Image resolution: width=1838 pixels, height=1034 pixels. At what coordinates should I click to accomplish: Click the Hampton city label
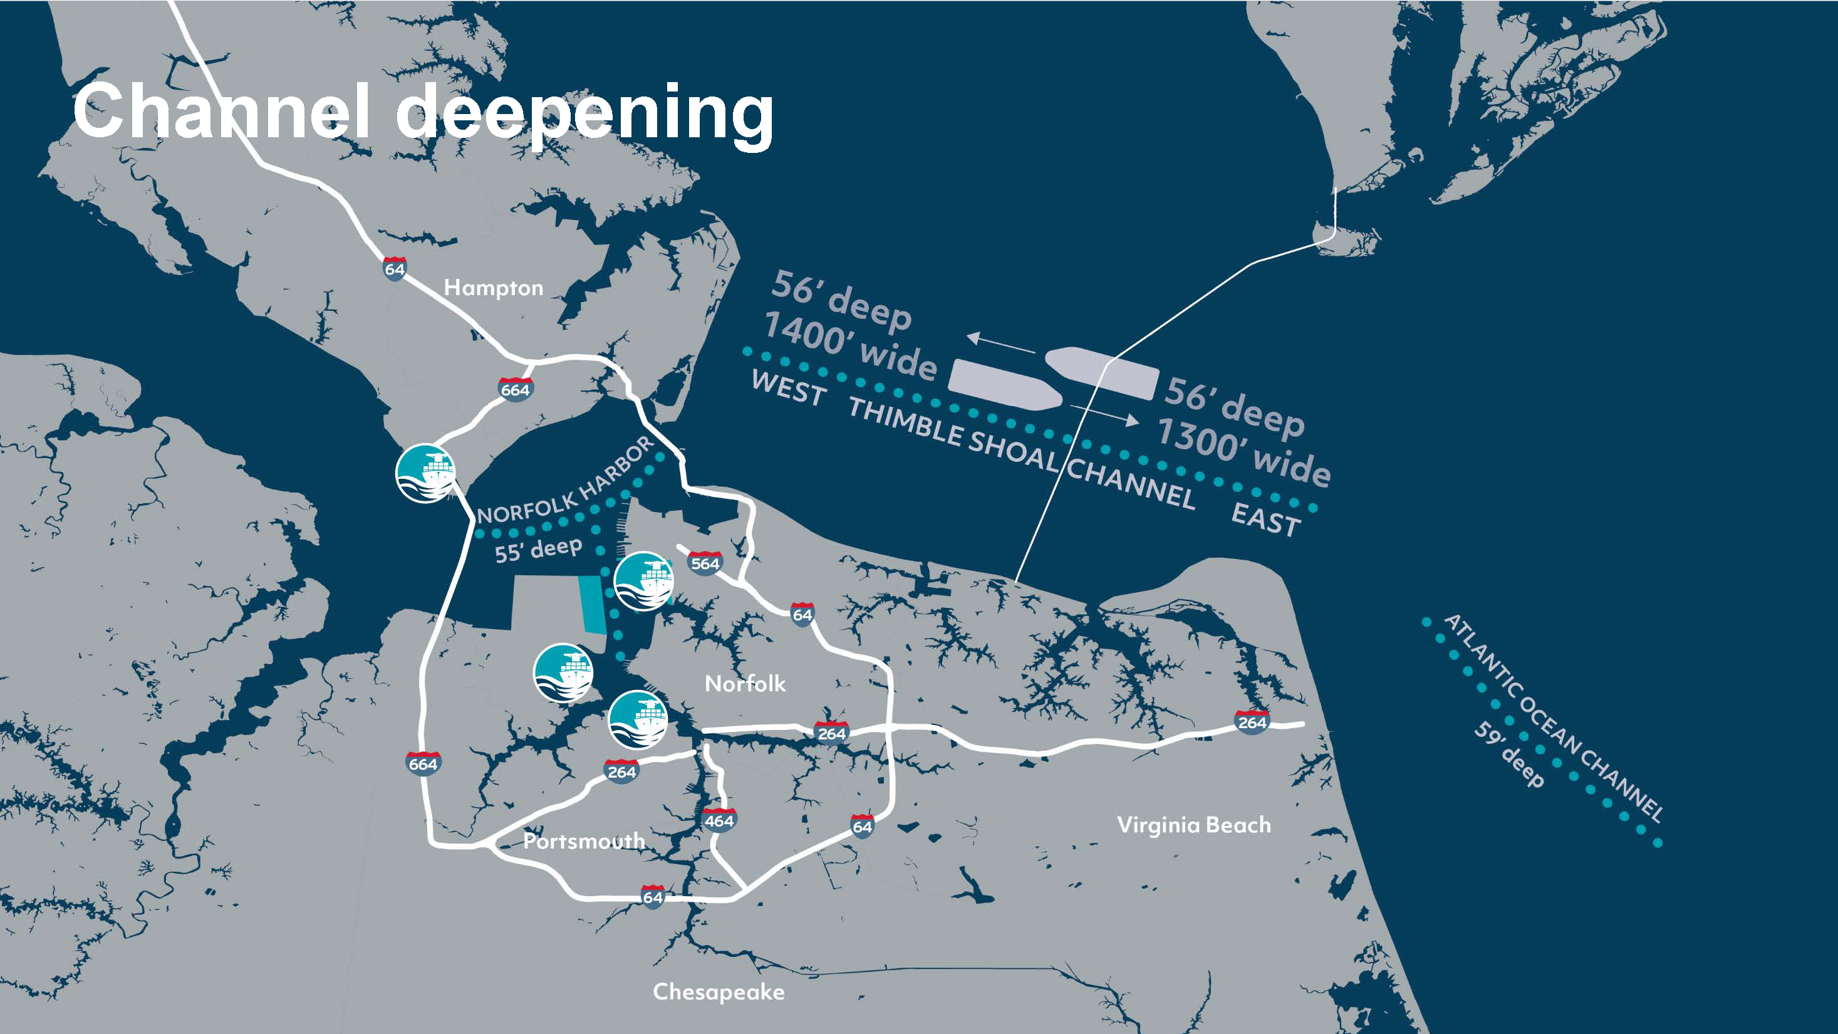coord(493,288)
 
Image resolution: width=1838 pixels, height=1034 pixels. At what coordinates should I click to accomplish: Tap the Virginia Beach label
coord(1194,825)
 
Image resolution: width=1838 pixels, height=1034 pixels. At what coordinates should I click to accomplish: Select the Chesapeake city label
coord(718,992)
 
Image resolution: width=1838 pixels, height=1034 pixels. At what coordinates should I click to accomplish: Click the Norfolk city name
coord(745,684)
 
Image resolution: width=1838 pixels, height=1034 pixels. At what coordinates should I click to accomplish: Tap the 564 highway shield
coord(705,563)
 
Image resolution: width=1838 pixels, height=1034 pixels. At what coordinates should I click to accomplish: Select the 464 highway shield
coord(719,821)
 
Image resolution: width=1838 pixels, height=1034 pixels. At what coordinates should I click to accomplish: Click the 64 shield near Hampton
coord(395,269)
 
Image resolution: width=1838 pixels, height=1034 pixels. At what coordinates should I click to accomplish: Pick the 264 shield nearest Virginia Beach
coord(1252,722)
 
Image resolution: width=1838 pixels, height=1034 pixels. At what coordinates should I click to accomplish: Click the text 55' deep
coord(538,550)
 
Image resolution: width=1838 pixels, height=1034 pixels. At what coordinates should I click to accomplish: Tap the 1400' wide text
coord(849,345)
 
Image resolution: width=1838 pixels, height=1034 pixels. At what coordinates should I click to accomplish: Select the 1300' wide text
coord(1242,451)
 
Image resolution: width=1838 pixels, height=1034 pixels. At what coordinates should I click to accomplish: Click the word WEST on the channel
coord(789,388)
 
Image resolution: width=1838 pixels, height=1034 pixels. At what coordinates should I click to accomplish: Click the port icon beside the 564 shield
coord(643,581)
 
